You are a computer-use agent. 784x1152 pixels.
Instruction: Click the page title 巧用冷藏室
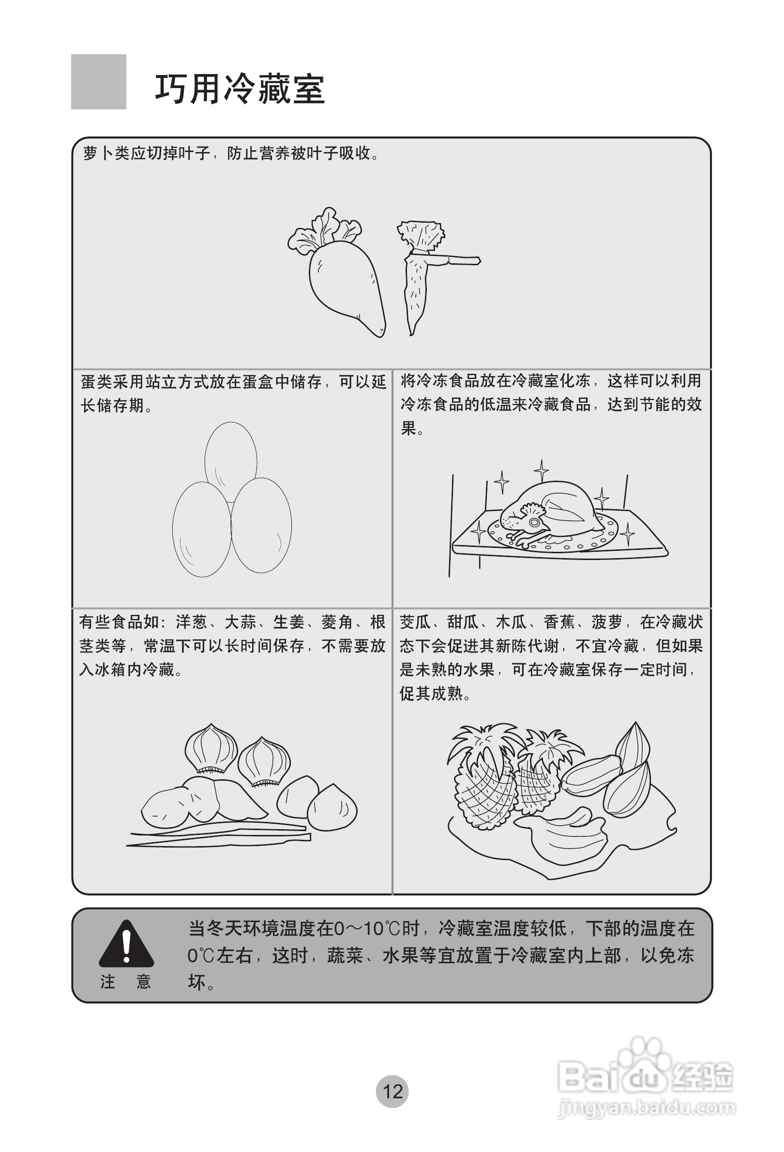240,89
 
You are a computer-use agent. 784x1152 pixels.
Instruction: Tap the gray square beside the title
99,82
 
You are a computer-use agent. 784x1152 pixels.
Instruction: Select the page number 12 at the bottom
392,1091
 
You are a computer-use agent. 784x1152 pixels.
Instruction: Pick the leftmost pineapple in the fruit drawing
483,781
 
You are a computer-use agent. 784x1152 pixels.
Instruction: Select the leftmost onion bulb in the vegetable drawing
211,748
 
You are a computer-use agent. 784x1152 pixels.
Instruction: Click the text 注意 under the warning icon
126,982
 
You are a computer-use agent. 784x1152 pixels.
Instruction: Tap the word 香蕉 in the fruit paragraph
559,622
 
